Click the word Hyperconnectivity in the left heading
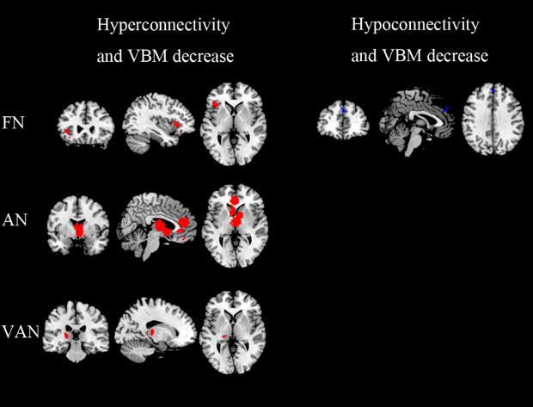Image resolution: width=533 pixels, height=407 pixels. pos(162,25)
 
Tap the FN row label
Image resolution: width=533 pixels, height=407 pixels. pos(14,122)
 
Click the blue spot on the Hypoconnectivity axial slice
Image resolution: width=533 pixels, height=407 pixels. pos(493,90)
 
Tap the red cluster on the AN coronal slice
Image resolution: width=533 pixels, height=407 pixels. pos(80,230)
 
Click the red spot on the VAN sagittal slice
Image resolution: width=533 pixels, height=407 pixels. pos(152,330)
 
